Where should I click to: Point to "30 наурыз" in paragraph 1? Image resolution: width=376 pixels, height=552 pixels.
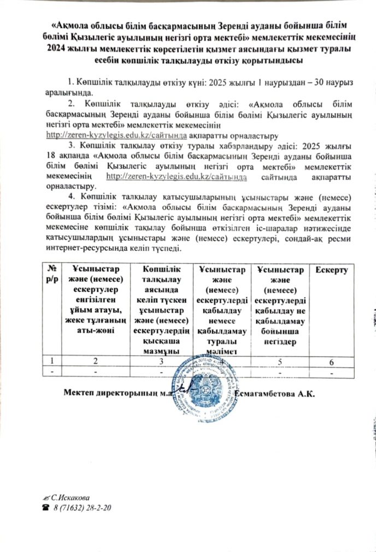[334, 82]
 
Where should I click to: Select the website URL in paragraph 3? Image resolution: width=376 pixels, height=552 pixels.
[176, 176]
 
